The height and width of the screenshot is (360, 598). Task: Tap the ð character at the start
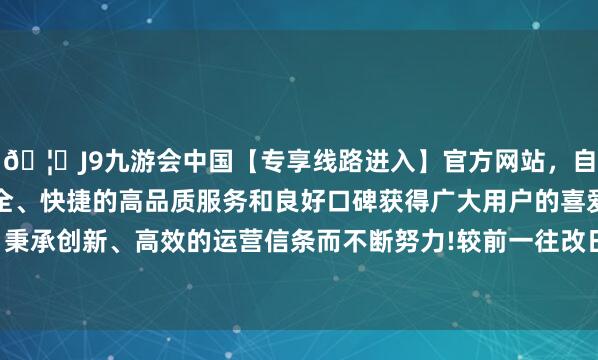13,157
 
